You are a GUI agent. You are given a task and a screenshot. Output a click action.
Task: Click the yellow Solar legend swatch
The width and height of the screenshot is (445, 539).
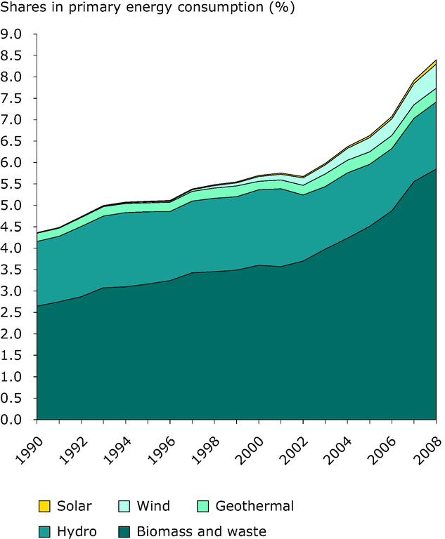[x=44, y=505]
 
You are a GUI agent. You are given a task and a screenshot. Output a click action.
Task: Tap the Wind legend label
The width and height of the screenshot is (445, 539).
[x=153, y=505]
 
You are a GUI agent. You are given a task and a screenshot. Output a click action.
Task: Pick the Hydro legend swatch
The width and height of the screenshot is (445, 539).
[x=44, y=531]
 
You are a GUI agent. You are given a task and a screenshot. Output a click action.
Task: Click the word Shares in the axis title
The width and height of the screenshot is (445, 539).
[x=23, y=9]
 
